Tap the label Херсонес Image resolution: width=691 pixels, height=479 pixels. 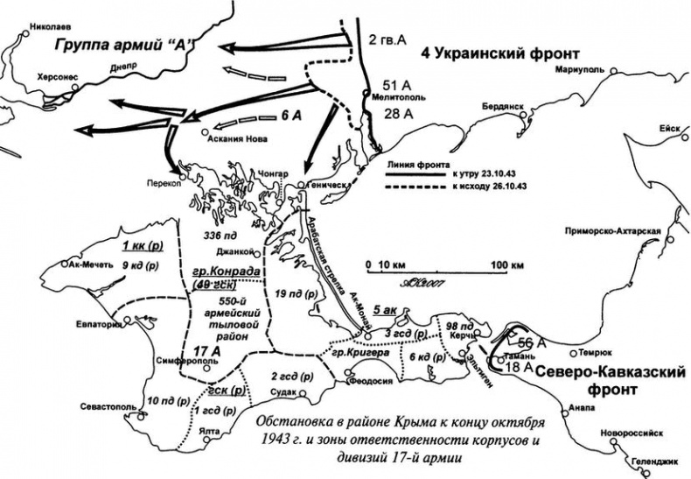(57, 77)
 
